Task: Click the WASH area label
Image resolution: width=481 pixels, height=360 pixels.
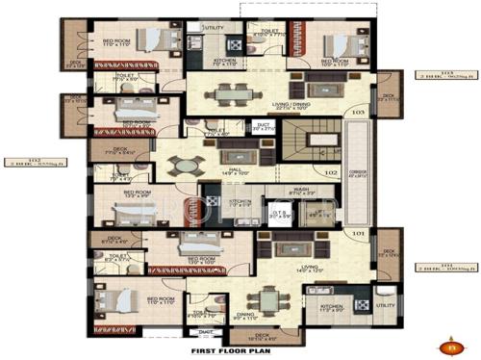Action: (x=300, y=193)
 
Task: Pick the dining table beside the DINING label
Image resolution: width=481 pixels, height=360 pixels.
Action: (x=259, y=299)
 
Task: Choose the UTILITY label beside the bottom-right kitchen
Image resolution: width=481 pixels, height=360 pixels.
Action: (x=385, y=305)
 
